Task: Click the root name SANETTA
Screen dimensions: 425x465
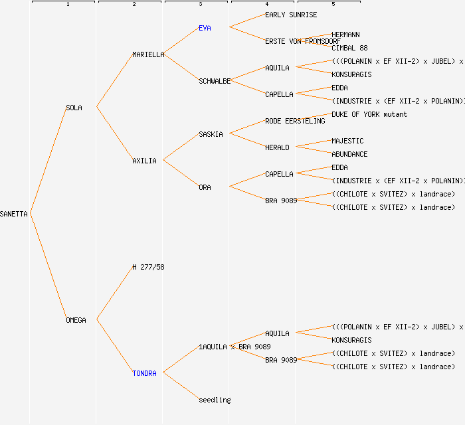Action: tap(14, 214)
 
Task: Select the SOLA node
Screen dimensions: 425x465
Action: tap(74, 108)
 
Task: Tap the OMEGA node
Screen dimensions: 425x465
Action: tap(76, 320)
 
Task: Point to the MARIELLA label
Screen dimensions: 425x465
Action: tap(148, 54)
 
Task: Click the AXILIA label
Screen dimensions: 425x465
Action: tap(144, 161)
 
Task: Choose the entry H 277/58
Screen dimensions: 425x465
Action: tap(148, 267)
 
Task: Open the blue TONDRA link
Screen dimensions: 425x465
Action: tap(144, 373)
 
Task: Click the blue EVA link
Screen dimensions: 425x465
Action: tap(205, 28)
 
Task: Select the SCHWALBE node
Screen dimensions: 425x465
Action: tap(215, 81)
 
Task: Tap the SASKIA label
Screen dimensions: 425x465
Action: tap(211, 134)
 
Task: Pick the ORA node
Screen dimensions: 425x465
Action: tap(205, 187)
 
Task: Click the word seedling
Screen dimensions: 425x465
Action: tap(215, 400)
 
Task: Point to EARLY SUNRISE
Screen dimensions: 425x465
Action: tap(291, 15)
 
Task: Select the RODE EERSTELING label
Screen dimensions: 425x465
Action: tap(295, 121)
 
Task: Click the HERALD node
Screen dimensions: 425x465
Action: tap(277, 147)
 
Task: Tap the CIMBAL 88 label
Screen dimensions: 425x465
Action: tap(349, 48)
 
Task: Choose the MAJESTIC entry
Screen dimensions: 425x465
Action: tap(347, 141)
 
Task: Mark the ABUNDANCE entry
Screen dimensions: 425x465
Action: tap(349, 154)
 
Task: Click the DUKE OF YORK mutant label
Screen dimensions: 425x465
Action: tap(369, 114)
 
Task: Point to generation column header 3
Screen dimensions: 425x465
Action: tap(200, 5)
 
